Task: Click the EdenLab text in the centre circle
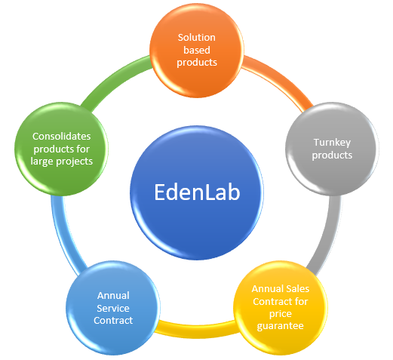(x=197, y=192)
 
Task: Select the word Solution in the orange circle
(x=197, y=38)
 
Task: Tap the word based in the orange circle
(x=197, y=50)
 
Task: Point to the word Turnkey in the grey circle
(x=332, y=143)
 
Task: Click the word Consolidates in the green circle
(x=61, y=137)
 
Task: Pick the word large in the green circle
(x=41, y=162)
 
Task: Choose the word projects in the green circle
(x=74, y=162)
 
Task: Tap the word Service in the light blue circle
(x=113, y=308)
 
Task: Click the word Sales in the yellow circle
(x=298, y=289)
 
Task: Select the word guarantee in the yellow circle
(x=280, y=326)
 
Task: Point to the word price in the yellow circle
(x=281, y=314)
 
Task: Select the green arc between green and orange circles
(x=115, y=78)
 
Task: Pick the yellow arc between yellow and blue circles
(x=196, y=328)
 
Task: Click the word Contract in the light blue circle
(x=113, y=321)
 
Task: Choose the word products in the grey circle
(x=332, y=155)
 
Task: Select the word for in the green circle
(x=83, y=149)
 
